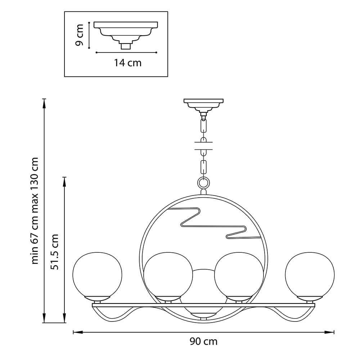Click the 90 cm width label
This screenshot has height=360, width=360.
(203, 341)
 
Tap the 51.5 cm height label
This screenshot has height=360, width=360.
(55, 252)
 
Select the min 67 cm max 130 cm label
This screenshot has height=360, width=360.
(35, 211)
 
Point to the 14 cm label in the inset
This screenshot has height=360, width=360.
(128, 63)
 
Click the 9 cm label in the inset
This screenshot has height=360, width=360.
(80, 35)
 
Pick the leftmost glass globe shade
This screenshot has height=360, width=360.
(97, 275)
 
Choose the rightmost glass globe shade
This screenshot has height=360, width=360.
(310, 275)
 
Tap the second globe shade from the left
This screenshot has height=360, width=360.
(168, 275)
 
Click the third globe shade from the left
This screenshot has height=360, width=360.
(239, 275)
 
